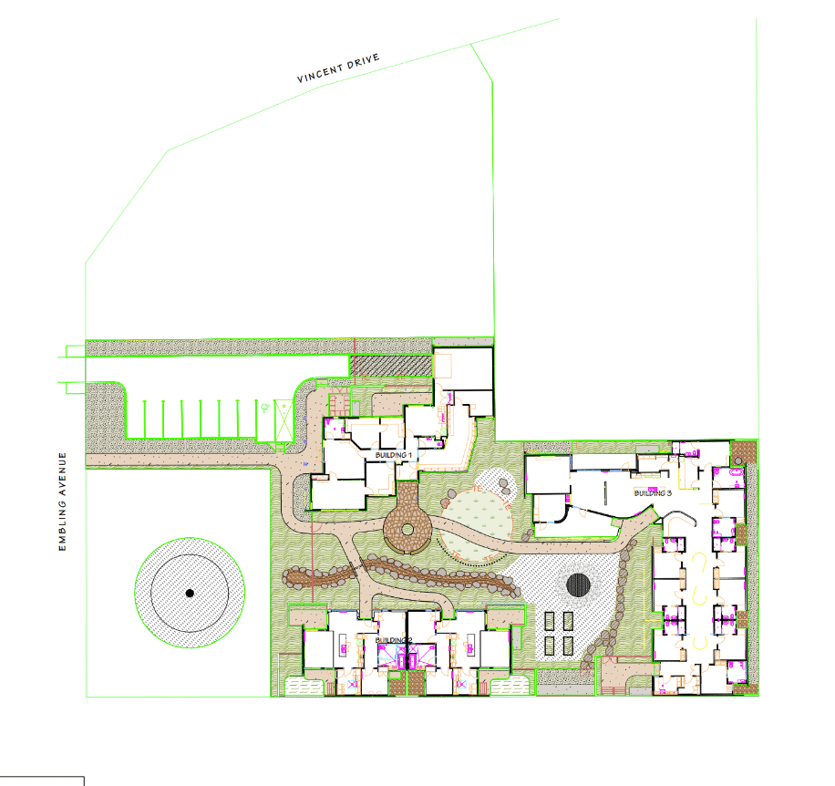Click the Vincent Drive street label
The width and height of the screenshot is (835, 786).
(338, 67)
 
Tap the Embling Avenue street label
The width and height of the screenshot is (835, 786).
(62, 502)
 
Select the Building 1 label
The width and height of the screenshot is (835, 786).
(394, 455)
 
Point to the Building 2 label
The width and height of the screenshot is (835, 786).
(394, 640)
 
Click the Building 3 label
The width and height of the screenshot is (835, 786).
(653, 493)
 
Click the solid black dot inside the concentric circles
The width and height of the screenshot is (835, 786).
(190, 593)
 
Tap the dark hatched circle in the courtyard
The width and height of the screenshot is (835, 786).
(578, 584)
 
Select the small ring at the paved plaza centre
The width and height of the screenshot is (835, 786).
(407, 530)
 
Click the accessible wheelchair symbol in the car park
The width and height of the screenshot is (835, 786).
(265, 408)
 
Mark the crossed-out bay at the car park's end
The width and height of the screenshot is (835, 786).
(283, 420)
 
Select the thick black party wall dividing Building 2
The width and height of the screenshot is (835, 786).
(407, 639)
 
